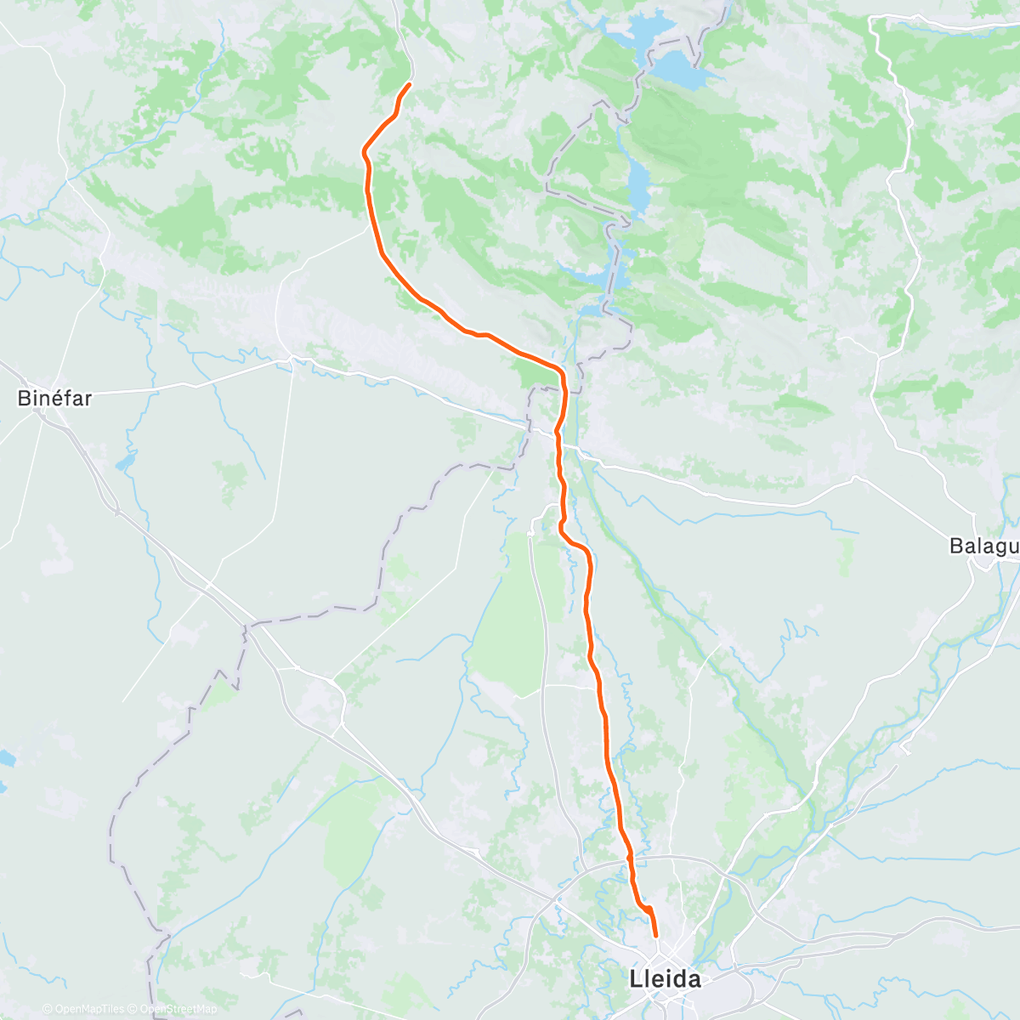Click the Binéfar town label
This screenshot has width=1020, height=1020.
[54, 397]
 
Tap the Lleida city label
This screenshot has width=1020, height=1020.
[666, 979]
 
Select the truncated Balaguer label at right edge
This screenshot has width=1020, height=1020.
[984, 546]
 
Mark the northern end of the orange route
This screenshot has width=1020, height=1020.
[410, 84]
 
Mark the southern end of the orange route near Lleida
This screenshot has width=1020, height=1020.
[655, 936]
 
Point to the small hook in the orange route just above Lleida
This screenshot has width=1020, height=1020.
[649, 910]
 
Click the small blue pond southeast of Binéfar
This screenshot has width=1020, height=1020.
[126, 462]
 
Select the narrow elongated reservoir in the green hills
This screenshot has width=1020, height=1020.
[637, 183]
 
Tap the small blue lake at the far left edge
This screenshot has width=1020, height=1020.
[4, 756]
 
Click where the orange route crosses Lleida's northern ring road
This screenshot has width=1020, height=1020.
[630, 860]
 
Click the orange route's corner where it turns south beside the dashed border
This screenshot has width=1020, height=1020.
[562, 374]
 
